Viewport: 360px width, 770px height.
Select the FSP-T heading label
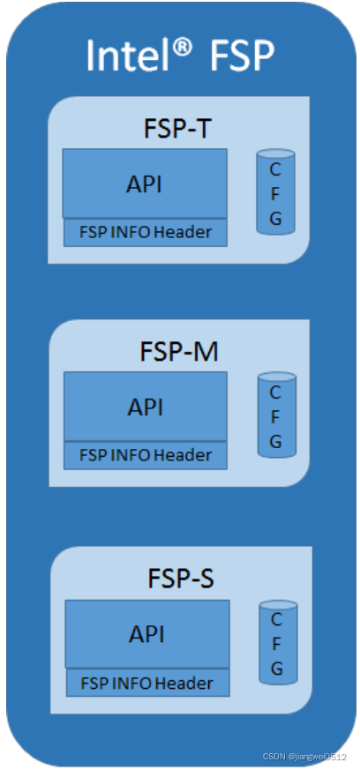click(x=177, y=129)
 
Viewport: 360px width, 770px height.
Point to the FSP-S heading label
click(x=181, y=578)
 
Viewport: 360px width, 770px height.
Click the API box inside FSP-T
click(x=145, y=183)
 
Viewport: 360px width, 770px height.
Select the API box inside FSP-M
click(x=146, y=406)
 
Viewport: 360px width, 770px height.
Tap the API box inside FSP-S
click(x=147, y=634)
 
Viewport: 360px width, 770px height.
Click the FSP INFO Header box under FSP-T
click(x=146, y=232)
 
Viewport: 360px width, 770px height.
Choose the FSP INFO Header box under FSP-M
click(x=146, y=455)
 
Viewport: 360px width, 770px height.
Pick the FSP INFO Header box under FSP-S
click(x=148, y=683)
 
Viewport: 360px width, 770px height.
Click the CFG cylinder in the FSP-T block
click(x=275, y=191)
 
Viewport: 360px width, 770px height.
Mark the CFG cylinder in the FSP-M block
click(x=277, y=415)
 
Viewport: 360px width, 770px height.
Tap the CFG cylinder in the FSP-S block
click(x=278, y=642)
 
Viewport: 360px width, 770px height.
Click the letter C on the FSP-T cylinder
click(x=275, y=169)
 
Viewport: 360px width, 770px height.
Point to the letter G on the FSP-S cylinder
click(x=277, y=668)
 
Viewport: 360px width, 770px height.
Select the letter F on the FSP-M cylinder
click(x=275, y=416)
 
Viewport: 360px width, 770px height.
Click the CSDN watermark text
click(x=304, y=757)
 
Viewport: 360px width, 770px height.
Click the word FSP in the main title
click(x=241, y=55)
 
